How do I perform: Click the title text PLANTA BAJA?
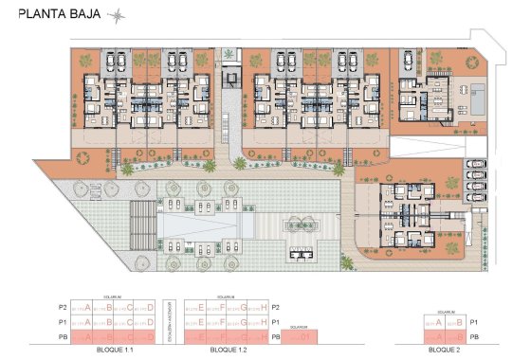click(58, 14)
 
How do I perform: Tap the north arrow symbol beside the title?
click(117, 14)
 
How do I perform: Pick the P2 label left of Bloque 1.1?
click(64, 307)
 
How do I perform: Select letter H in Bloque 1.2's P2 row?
click(259, 307)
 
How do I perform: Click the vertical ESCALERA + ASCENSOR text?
click(171, 322)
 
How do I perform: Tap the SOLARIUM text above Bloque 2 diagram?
click(446, 312)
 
